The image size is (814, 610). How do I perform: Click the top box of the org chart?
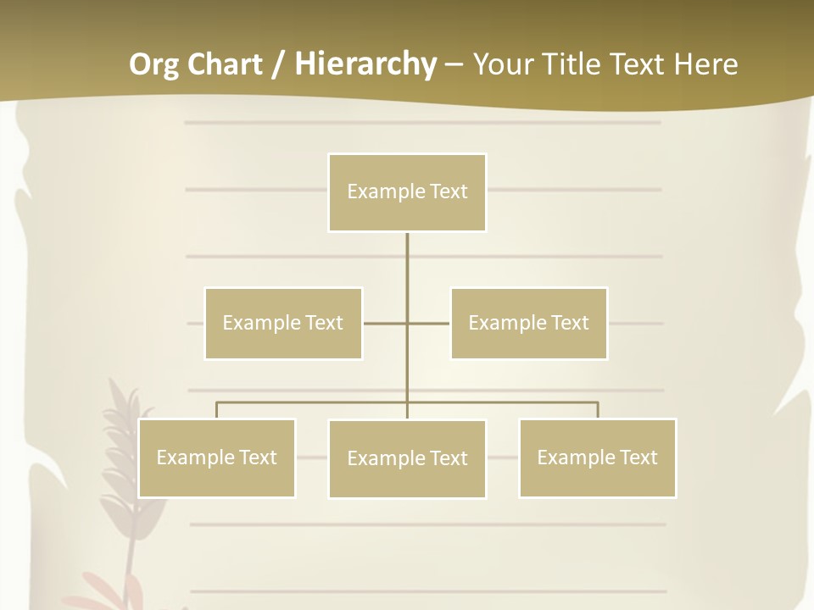pos(407,192)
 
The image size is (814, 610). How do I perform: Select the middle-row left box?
pos(283,323)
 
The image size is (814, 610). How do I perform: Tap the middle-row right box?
pos(528,323)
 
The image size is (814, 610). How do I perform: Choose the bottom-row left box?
pos(216,457)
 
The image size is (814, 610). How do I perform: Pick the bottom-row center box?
pos(407,458)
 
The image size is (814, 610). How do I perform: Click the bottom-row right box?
pos(597,457)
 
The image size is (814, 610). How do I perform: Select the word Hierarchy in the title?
pos(365,64)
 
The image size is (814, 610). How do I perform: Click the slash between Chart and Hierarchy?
pos(278,65)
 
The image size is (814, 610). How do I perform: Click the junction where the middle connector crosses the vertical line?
pos(407,323)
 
